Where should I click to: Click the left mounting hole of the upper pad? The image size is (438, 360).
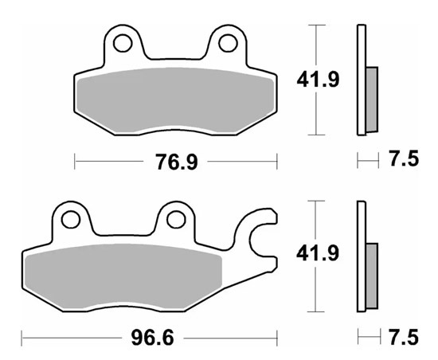(x=123, y=43)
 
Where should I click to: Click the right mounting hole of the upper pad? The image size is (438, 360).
(x=229, y=43)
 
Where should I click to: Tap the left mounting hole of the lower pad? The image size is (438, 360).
(x=71, y=220)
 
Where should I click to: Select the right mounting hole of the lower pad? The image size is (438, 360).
(x=176, y=220)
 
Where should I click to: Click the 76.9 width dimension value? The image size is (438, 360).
(x=177, y=162)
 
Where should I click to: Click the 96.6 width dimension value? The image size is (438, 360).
(x=153, y=338)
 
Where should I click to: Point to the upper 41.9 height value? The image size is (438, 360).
(x=318, y=80)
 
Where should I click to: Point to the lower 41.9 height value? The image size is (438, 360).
(x=318, y=253)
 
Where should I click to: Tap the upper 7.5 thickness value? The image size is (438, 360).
(x=405, y=158)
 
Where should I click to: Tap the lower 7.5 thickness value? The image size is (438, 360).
(x=405, y=337)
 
